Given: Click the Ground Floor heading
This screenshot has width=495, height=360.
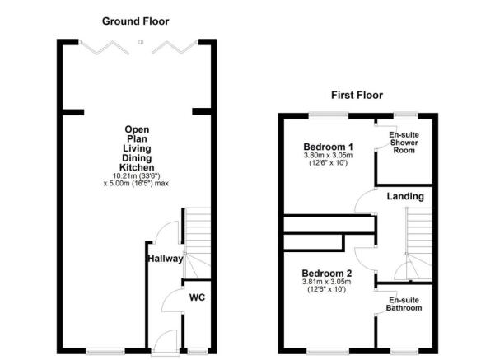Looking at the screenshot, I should coord(136,19).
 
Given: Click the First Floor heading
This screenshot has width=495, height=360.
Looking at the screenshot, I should coord(357,96).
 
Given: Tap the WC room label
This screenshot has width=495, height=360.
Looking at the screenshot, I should coord(198,297).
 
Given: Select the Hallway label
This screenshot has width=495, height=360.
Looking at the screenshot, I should coord(165,259).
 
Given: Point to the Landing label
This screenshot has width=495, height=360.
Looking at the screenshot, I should coord(407,196).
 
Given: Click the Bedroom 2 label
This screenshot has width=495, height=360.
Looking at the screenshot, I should coord(327,274).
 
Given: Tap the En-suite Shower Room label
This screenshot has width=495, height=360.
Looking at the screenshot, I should coord(404,143).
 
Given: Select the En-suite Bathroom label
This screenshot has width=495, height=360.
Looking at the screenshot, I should coord(404,303).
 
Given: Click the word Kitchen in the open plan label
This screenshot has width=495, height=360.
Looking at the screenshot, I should coord(137,166).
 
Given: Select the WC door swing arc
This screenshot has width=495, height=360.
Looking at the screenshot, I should coord(171,302).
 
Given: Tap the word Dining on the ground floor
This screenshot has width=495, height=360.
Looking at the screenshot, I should coord(137,157).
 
